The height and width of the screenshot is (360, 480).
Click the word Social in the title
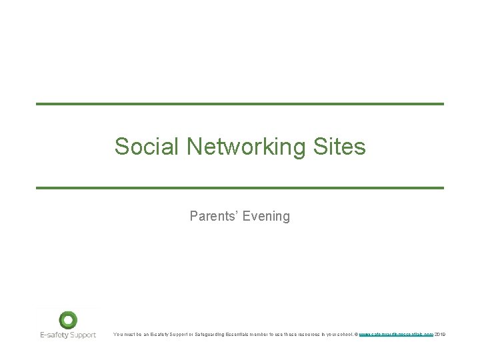pos(138,146)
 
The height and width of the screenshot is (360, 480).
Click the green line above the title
pos(239,104)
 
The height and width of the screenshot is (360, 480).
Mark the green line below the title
pos(239,188)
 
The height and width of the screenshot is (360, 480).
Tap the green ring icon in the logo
pos(68,320)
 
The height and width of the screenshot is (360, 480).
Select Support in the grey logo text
pos(83,335)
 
